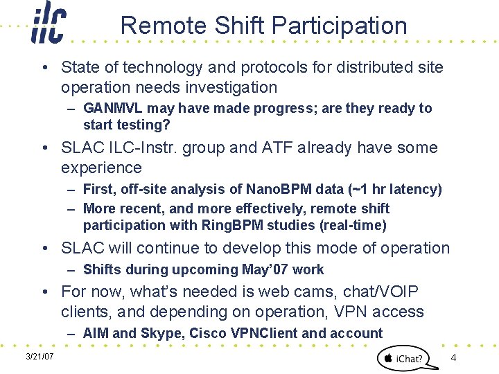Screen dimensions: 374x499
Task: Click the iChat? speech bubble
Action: coord(403,357)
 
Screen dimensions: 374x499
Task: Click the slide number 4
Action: coord(453,357)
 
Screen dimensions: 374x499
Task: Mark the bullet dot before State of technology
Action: coord(44,68)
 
